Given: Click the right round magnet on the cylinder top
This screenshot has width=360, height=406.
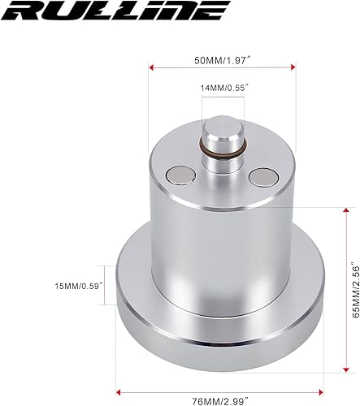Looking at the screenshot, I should [264, 175].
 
